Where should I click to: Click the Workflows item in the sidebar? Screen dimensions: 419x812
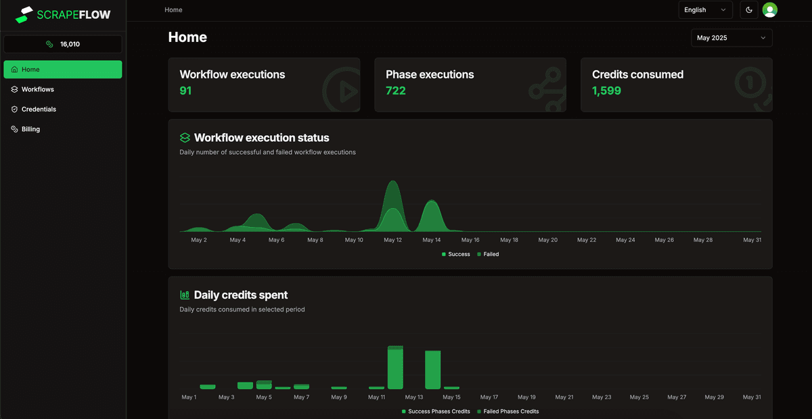(x=37, y=89)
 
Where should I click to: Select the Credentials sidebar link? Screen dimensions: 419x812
(x=39, y=109)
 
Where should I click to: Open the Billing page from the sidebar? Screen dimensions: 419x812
(x=30, y=129)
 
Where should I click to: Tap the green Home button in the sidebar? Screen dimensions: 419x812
(x=63, y=70)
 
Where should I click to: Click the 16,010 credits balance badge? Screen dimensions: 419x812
(x=63, y=44)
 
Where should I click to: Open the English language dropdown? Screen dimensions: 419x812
(x=705, y=10)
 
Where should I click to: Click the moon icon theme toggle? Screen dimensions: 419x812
(x=749, y=10)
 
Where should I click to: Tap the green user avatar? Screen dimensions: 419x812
(x=769, y=10)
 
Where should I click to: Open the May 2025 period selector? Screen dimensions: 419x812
(x=731, y=38)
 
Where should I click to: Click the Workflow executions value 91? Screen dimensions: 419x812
(x=185, y=91)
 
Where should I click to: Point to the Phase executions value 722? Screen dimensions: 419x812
(x=396, y=91)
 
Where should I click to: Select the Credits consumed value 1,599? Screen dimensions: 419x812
(x=606, y=91)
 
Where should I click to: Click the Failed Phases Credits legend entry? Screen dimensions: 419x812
(x=511, y=411)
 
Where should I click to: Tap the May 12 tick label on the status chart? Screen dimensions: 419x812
(x=392, y=240)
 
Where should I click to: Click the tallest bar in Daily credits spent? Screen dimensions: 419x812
(x=395, y=368)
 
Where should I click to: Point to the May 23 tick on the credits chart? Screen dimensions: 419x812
(x=602, y=397)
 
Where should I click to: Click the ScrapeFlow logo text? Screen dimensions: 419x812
(x=74, y=14)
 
